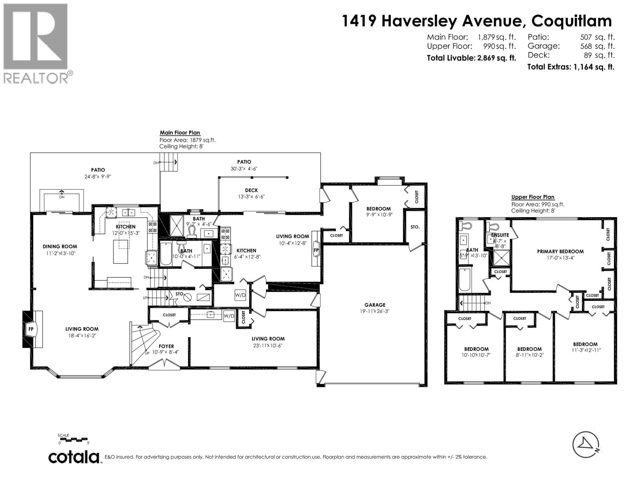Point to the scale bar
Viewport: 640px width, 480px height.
point(74,440)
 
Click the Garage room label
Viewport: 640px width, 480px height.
point(375,305)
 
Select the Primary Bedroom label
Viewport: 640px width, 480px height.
point(560,252)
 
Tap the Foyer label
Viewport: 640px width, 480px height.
point(166,346)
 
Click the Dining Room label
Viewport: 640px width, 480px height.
point(60,246)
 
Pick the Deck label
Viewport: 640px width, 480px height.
point(252,190)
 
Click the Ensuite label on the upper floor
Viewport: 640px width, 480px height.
point(500,235)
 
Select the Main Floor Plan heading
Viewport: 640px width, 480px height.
point(180,133)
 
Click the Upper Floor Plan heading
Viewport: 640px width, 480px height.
point(533,197)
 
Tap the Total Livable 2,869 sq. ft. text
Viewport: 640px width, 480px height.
point(471,58)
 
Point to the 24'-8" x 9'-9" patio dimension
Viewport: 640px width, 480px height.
point(98,176)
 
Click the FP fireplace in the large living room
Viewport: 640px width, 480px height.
point(31,329)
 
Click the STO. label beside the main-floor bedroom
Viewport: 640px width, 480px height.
point(415,227)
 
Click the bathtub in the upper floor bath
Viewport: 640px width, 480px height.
point(465,279)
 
